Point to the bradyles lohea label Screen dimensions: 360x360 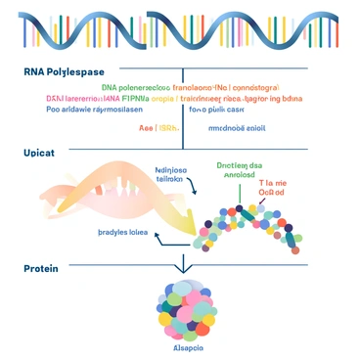pos(123,232)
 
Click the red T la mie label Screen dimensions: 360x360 pos(273,183)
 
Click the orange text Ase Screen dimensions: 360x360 pos(148,127)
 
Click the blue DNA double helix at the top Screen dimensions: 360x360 pos(180,29)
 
